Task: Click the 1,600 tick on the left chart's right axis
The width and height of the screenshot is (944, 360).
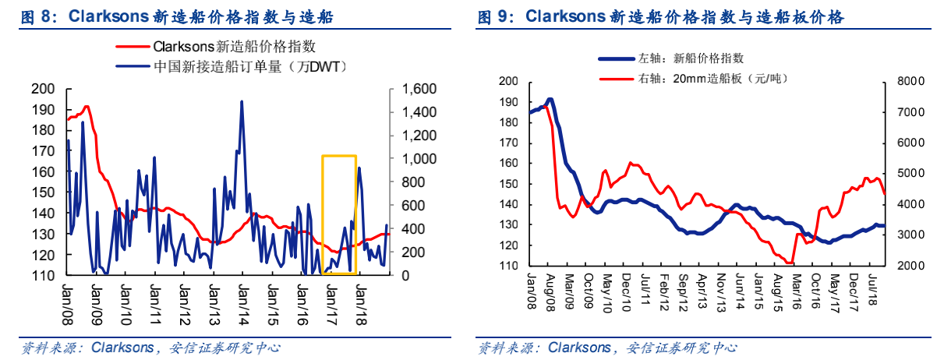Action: point(419,89)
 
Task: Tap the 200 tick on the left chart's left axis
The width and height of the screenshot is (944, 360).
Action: point(44,89)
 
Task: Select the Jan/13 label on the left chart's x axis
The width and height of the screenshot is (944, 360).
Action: point(214,295)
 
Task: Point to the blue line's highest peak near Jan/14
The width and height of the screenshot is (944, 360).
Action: point(242,102)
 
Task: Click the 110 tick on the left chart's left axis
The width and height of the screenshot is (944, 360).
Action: point(44,276)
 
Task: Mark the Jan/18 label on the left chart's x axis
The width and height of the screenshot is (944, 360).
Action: point(361,295)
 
